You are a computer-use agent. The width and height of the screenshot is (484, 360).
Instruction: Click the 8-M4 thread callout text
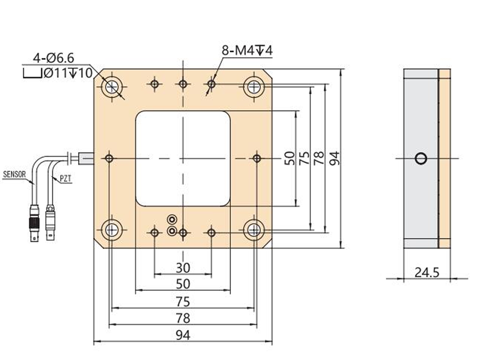point(247,51)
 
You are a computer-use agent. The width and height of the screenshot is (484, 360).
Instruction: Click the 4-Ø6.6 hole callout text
point(53,58)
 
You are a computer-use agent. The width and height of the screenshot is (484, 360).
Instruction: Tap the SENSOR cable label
point(14,175)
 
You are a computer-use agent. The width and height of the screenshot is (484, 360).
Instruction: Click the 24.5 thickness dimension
point(427,273)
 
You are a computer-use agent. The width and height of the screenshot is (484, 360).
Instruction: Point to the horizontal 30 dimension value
point(183,268)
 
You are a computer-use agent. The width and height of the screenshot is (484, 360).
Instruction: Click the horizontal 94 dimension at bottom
point(183,335)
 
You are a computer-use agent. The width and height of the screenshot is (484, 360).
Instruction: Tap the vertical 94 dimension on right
point(334,158)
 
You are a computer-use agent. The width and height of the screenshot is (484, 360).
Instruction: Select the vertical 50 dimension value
point(290,158)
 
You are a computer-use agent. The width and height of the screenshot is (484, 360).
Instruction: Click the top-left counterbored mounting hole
point(112,87)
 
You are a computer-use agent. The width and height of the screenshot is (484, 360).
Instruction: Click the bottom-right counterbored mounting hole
point(254,230)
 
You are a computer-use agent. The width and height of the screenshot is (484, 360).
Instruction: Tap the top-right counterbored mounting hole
point(254,87)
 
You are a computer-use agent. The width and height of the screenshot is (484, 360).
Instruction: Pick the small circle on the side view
point(421,158)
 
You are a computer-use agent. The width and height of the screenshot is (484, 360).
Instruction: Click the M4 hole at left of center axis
point(109,158)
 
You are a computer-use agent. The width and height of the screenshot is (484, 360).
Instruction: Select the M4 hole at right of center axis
point(257,158)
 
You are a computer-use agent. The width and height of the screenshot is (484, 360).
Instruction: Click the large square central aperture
point(183,158)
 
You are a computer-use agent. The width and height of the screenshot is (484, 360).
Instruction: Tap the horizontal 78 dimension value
point(183,318)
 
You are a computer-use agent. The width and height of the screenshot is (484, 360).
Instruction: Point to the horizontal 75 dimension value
point(183,302)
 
